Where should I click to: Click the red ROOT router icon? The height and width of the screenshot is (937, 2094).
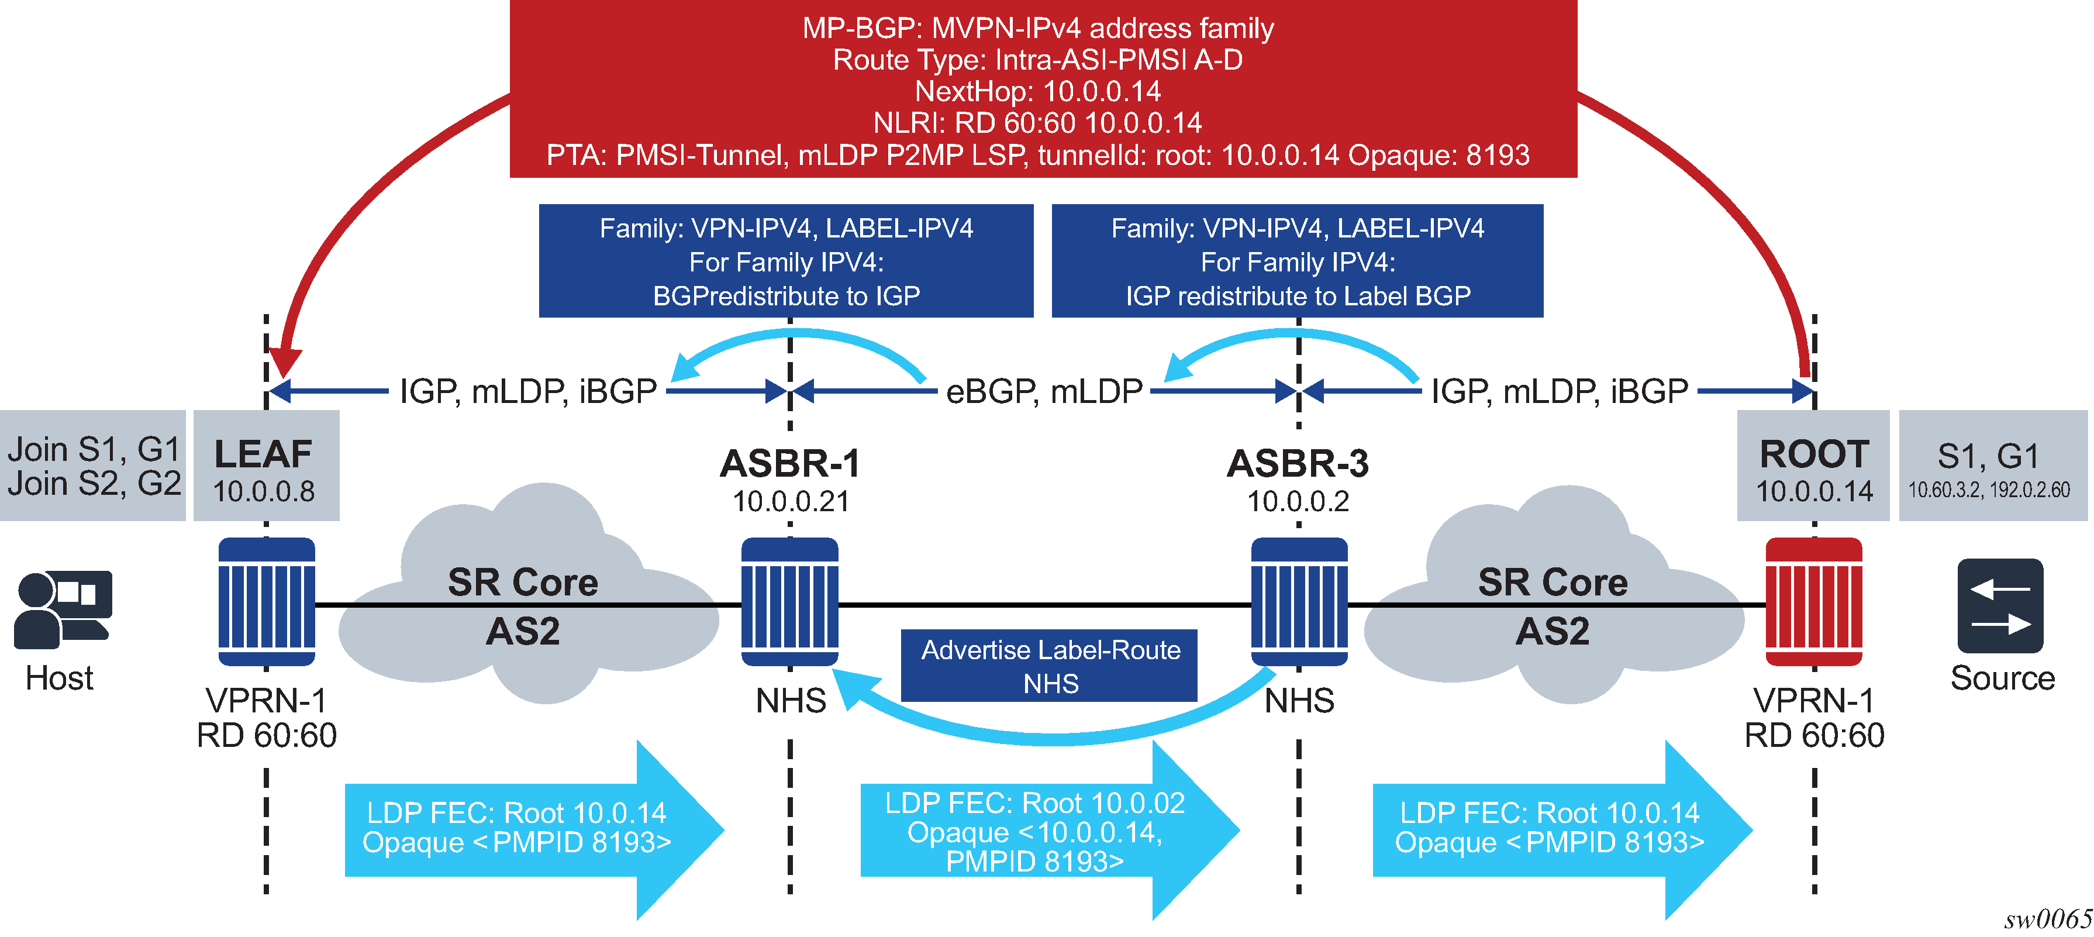(x=1813, y=602)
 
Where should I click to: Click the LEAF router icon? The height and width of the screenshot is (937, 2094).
(x=267, y=602)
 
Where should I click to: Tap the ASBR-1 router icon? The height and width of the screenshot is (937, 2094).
(x=789, y=602)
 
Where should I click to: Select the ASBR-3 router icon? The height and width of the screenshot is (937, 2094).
(x=1299, y=602)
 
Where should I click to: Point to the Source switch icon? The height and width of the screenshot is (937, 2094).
(x=2000, y=606)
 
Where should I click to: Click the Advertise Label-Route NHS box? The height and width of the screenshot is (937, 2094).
(x=1050, y=666)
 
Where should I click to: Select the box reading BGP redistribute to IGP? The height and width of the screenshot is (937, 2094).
(x=786, y=261)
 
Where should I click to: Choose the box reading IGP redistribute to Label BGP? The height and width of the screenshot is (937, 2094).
(x=1298, y=261)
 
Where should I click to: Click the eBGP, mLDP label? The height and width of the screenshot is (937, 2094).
(x=1044, y=392)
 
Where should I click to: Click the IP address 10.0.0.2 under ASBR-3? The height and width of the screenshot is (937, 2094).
(x=1298, y=502)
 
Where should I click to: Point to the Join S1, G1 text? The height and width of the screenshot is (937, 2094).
(x=94, y=449)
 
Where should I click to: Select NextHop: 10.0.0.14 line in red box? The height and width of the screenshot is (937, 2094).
(x=1038, y=91)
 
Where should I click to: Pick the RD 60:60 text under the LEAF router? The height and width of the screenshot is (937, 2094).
(x=267, y=735)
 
